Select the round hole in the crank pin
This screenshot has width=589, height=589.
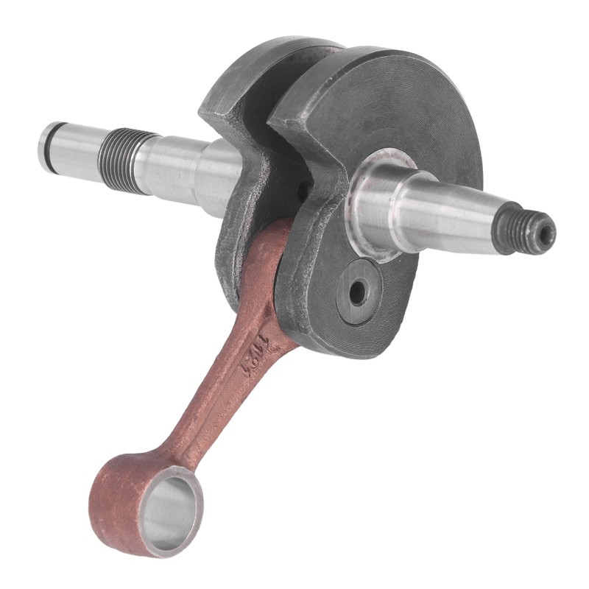[x=357, y=293]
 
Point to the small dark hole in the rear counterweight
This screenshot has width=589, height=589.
[x=303, y=191]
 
